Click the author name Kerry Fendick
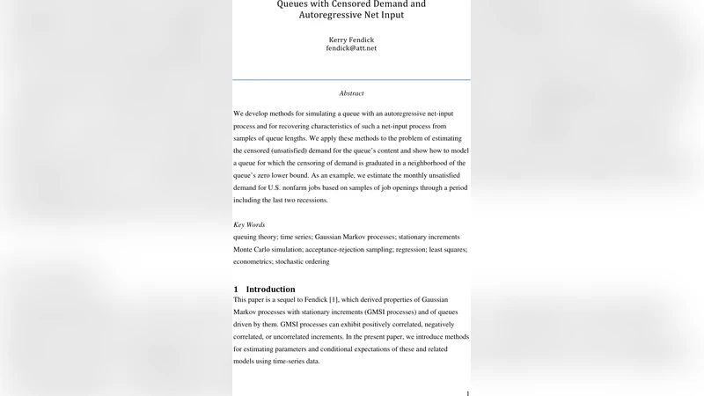(x=351, y=40)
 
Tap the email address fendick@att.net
(x=351, y=49)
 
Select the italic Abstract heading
(x=351, y=93)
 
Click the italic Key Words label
(x=249, y=225)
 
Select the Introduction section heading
(x=270, y=290)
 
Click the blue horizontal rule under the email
(x=351, y=80)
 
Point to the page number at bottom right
(x=467, y=392)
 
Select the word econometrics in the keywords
(x=253, y=261)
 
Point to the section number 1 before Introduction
(x=236, y=290)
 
